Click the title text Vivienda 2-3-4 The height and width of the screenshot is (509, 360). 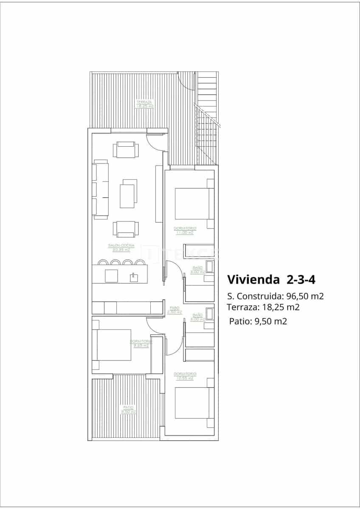(x=271, y=280)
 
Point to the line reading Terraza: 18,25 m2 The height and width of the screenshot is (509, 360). (x=263, y=307)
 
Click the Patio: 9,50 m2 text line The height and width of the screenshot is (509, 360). (x=258, y=321)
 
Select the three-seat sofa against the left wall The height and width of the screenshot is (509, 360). (x=101, y=189)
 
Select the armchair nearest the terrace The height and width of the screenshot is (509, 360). (x=125, y=150)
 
